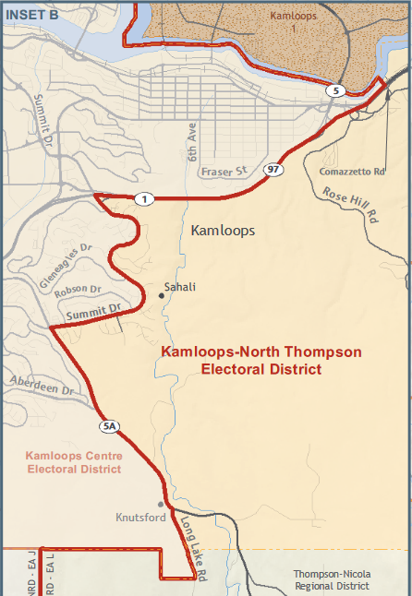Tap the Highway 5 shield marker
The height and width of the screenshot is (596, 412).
pyautogui.click(x=336, y=90)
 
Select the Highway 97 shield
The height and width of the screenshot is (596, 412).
pyautogui.click(x=274, y=170)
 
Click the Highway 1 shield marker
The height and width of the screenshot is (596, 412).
pyautogui.click(x=144, y=198)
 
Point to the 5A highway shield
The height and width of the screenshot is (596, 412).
pyautogui.click(x=110, y=425)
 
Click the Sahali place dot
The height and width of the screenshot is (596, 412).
pyautogui.click(x=162, y=296)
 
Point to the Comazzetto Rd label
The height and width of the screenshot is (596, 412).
pyautogui.click(x=350, y=172)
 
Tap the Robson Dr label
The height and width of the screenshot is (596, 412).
pyautogui.click(x=78, y=292)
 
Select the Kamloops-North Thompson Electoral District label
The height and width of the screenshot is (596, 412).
pyautogui.click(x=261, y=360)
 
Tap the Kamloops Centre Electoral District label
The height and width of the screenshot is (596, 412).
pyautogui.click(x=74, y=462)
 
